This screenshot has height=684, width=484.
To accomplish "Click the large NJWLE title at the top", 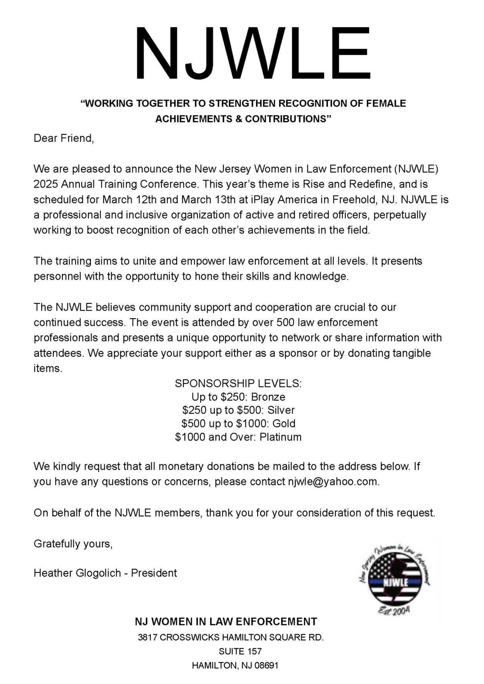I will click(253, 53).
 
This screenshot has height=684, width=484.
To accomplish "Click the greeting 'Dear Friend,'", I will click(64, 138).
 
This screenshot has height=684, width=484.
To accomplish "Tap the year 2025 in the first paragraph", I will click(45, 184).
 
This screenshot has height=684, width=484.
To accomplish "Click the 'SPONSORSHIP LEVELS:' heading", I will click(238, 384).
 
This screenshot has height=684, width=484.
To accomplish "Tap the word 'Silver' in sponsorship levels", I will click(281, 410).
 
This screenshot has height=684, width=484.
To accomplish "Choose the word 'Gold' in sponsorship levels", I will click(284, 423).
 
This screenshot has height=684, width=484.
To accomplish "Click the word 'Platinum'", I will click(281, 437).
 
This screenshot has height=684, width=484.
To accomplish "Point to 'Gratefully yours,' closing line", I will click(73, 544).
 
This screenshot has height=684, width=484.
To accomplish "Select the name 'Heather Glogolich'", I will click(79, 573).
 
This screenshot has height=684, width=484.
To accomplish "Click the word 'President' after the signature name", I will click(154, 573).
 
